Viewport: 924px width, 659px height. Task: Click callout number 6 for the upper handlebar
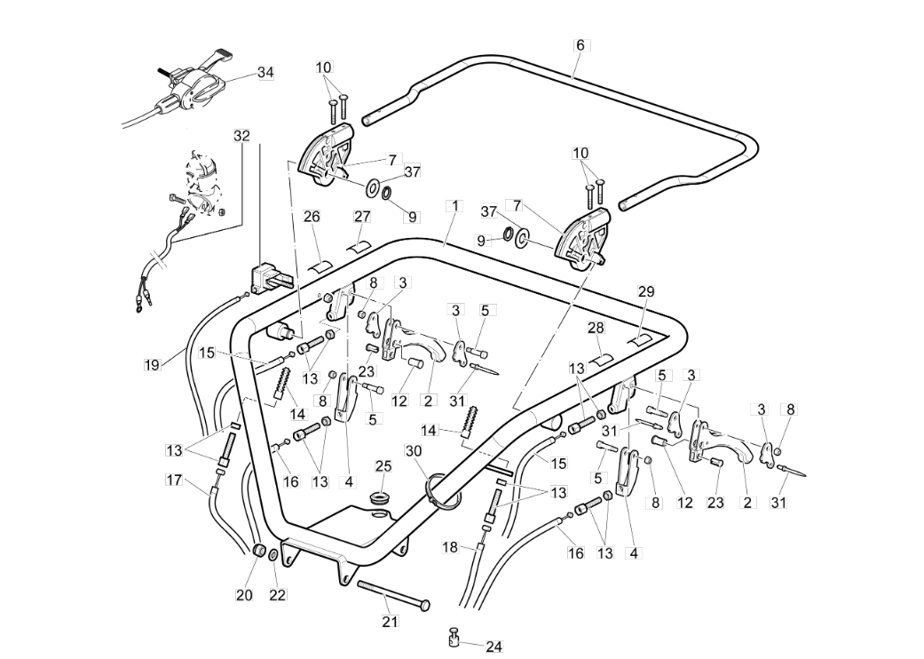tap(580, 44)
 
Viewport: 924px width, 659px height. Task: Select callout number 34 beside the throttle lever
tap(265, 73)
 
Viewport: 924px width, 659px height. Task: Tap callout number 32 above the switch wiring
tap(241, 136)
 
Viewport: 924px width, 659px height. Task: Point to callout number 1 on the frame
tap(454, 206)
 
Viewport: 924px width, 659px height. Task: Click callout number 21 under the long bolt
tap(391, 622)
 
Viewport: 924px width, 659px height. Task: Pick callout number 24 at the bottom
tap(494, 647)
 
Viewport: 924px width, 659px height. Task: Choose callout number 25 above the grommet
tap(383, 466)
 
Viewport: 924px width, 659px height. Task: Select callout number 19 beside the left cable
tap(152, 365)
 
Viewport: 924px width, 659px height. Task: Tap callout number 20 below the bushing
tap(244, 595)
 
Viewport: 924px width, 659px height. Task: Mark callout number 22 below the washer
tap(278, 595)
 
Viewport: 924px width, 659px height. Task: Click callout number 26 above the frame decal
tap(312, 217)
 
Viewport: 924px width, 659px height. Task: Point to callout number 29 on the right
tap(646, 292)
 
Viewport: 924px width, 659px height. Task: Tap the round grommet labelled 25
tap(381, 499)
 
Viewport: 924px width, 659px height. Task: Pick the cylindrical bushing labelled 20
tap(257, 551)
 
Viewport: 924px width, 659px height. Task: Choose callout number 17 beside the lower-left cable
tap(174, 480)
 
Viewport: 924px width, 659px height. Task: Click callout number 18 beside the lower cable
tap(450, 548)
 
